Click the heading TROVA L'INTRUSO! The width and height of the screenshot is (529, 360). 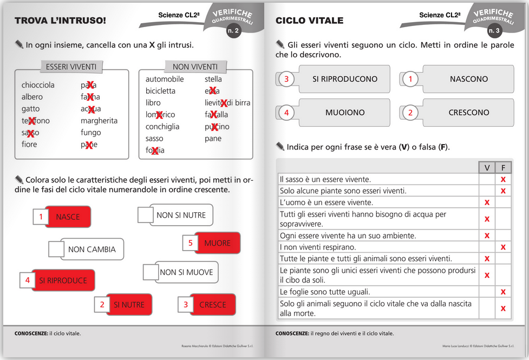click(x=60, y=21)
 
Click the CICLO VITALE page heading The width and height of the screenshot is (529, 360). click(x=309, y=21)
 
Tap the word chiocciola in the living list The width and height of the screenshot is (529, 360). click(x=38, y=85)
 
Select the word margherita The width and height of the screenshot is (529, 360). click(x=99, y=121)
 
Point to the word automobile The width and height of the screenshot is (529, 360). click(x=165, y=79)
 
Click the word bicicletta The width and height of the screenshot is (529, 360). click(x=160, y=91)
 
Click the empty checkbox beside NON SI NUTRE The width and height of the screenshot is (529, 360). click(x=145, y=215)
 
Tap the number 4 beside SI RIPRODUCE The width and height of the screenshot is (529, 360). click(x=27, y=280)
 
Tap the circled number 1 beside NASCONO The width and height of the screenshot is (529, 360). click(x=410, y=79)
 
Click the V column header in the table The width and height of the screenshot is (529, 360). click(x=487, y=168)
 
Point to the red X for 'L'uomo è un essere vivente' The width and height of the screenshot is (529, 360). click(x=487, y=202)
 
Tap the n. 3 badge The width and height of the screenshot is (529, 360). click(x=494, y=31)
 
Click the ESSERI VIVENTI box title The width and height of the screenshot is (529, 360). click(x=71, y=67)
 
